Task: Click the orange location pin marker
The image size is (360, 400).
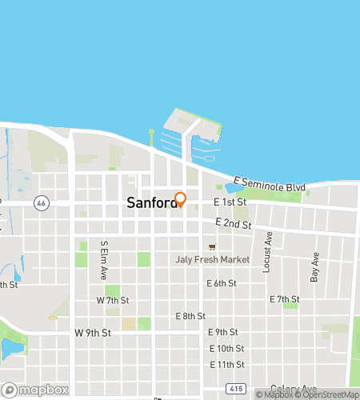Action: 180,199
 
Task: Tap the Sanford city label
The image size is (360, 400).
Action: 151,204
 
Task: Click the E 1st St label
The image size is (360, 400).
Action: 229,203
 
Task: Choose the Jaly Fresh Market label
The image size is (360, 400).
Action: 213,259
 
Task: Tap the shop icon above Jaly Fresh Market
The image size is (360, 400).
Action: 212,247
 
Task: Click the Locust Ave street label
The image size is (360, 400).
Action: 268,252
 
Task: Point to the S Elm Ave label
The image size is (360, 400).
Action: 104,259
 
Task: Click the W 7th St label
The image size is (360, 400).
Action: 112,300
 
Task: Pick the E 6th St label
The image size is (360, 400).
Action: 222,283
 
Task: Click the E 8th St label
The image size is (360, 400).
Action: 190,316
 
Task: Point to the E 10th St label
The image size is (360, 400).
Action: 226,348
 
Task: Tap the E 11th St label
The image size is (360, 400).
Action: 226,364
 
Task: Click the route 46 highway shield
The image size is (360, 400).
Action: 40,204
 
